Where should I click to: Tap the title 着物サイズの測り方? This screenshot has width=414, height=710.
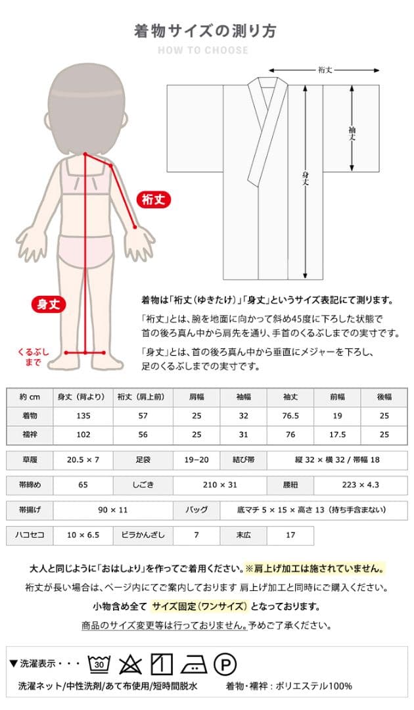click(x=205, y=31)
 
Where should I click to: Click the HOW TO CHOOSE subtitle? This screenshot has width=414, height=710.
click(x=203, y=51)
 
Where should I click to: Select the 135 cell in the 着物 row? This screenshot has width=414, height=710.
click(x=82, y=416)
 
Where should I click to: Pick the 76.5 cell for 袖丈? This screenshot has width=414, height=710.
click(x=290, y=416)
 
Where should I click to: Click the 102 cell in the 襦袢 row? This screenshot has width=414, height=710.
click(x=82, y=435)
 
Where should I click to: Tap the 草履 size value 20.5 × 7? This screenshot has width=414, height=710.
click(x=82, y=461)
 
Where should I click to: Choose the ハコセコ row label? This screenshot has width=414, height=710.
click(x=30, y=535)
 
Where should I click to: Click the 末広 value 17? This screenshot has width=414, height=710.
click(x=290, y=535)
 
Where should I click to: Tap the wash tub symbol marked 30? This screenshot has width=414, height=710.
click(x=99, y=664)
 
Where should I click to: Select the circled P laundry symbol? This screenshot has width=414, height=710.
click(x=225, y=664)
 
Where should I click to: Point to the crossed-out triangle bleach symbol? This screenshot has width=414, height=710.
click(x=130, y=664)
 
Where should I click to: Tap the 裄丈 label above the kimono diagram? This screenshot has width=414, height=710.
click(x=324, y=70)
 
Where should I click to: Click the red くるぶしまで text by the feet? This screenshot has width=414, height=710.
click(x=33, y=358)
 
